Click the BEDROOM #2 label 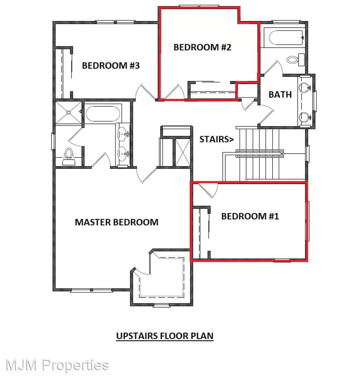click(202, 47)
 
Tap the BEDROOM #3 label click(111, 65)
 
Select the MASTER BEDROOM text click(117, 222)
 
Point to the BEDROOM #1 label click(250, 216)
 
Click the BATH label click(280, 94)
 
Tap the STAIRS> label click(216, 139)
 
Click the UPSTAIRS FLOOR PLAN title click(165, 336)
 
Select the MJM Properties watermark click(57, 365)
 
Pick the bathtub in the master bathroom click(103, 113)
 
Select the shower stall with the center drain click(69, 113)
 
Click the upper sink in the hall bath click(305, 87)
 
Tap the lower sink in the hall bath click(305, 117)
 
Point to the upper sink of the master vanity click(123, 134)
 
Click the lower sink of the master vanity click(123, 154)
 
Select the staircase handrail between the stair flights click(259, 154)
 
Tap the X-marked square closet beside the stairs click(182, 153)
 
